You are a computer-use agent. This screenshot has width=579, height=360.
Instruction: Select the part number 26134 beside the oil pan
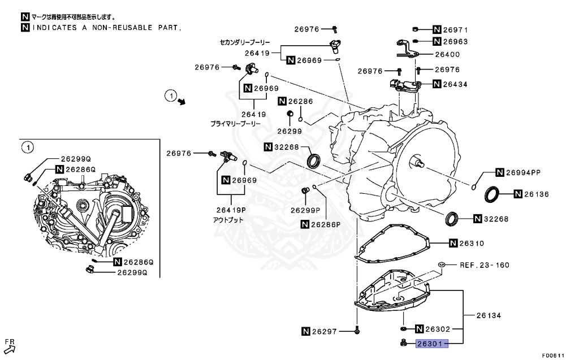489,315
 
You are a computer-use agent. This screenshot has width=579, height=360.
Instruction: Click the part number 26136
537,194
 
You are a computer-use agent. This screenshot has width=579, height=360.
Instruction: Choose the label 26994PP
523,172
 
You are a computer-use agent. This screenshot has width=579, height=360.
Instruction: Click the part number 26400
447,55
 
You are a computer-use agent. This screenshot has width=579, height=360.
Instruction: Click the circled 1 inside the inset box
26,148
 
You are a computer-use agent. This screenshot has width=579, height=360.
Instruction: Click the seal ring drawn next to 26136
492,194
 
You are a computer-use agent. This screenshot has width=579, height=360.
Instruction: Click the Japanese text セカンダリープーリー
245,42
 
